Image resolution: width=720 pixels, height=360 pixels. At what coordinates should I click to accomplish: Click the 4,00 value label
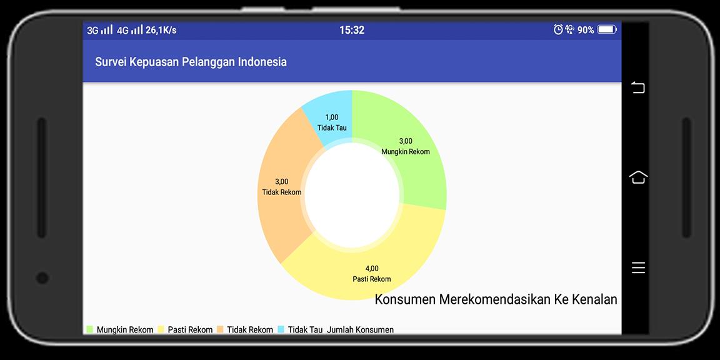click(372, 269)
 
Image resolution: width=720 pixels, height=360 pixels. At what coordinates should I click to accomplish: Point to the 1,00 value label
click(331, 117)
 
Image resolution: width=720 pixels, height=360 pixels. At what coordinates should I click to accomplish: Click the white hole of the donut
click(352, 196)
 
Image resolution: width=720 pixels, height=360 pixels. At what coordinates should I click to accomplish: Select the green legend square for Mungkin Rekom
click(89, 329)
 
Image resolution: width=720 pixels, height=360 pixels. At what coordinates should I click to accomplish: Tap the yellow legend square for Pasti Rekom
click(161, 329)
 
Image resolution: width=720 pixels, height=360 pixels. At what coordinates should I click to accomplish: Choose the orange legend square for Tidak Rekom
click(220, 329)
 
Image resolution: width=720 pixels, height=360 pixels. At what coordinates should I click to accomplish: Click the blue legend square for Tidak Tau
click(281, 329)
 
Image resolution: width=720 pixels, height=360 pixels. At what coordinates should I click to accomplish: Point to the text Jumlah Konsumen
click(361, 330)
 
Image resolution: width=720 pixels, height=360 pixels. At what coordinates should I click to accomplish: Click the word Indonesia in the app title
click(262, 62)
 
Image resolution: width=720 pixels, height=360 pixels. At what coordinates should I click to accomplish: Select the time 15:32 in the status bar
click(352, 30)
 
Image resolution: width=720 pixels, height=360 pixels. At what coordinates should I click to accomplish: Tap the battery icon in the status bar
click(607, 30)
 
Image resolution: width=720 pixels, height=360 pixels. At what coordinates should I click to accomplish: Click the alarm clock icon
click(558, 30)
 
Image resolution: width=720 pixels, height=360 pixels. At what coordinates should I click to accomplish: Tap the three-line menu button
click(638, 267)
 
